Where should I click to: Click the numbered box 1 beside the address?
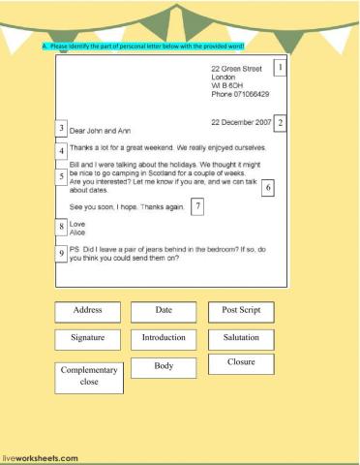(x=280, y=68)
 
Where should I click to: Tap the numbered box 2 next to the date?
(x=280, y=123)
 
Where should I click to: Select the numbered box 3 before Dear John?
(x=61, y=129)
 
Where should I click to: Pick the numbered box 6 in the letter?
(x=267, y=188)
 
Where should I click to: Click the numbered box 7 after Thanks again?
(x=197, y=206)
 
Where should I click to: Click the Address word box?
(x=89, y=311)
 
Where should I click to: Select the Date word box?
(x=164, y=311)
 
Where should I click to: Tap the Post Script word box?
(x=241, y=311)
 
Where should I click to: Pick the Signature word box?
(x=89, y=339)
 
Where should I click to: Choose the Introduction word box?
(x=164, y=339)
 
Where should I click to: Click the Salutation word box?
(x=241, y=339)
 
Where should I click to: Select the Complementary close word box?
(x=89, y=377)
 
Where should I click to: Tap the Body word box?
(x=164, y=367)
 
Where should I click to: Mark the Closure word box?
(x=241, y=363)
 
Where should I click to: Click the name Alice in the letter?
(x=77, y=232)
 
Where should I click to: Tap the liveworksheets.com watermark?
(x=40, y=457)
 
